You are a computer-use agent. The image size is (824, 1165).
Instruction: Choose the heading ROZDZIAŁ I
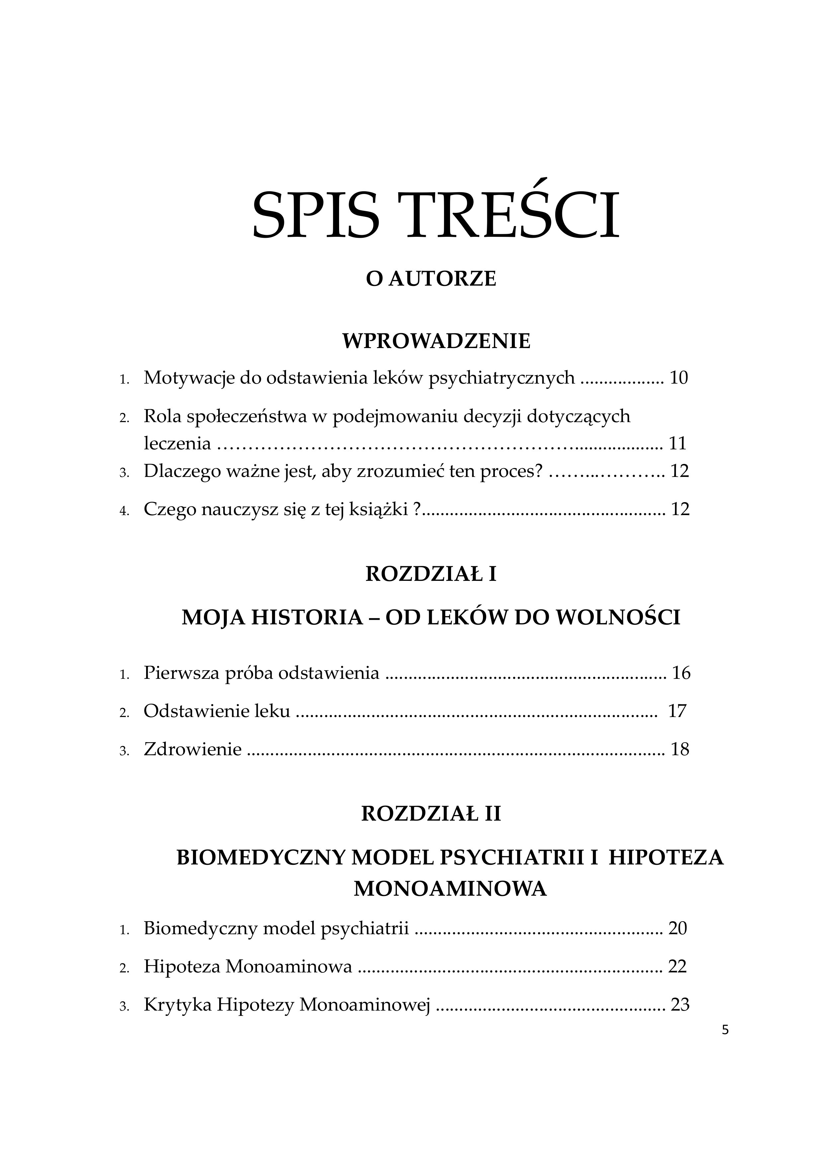click(431, 575)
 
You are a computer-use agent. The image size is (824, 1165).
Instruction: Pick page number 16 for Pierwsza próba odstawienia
click(682, 673)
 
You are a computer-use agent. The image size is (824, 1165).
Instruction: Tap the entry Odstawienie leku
click(217, 711)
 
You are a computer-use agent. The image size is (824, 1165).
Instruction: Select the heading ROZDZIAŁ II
click(431, 814)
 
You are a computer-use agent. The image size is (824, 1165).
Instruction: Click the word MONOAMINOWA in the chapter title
click(450, 889)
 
